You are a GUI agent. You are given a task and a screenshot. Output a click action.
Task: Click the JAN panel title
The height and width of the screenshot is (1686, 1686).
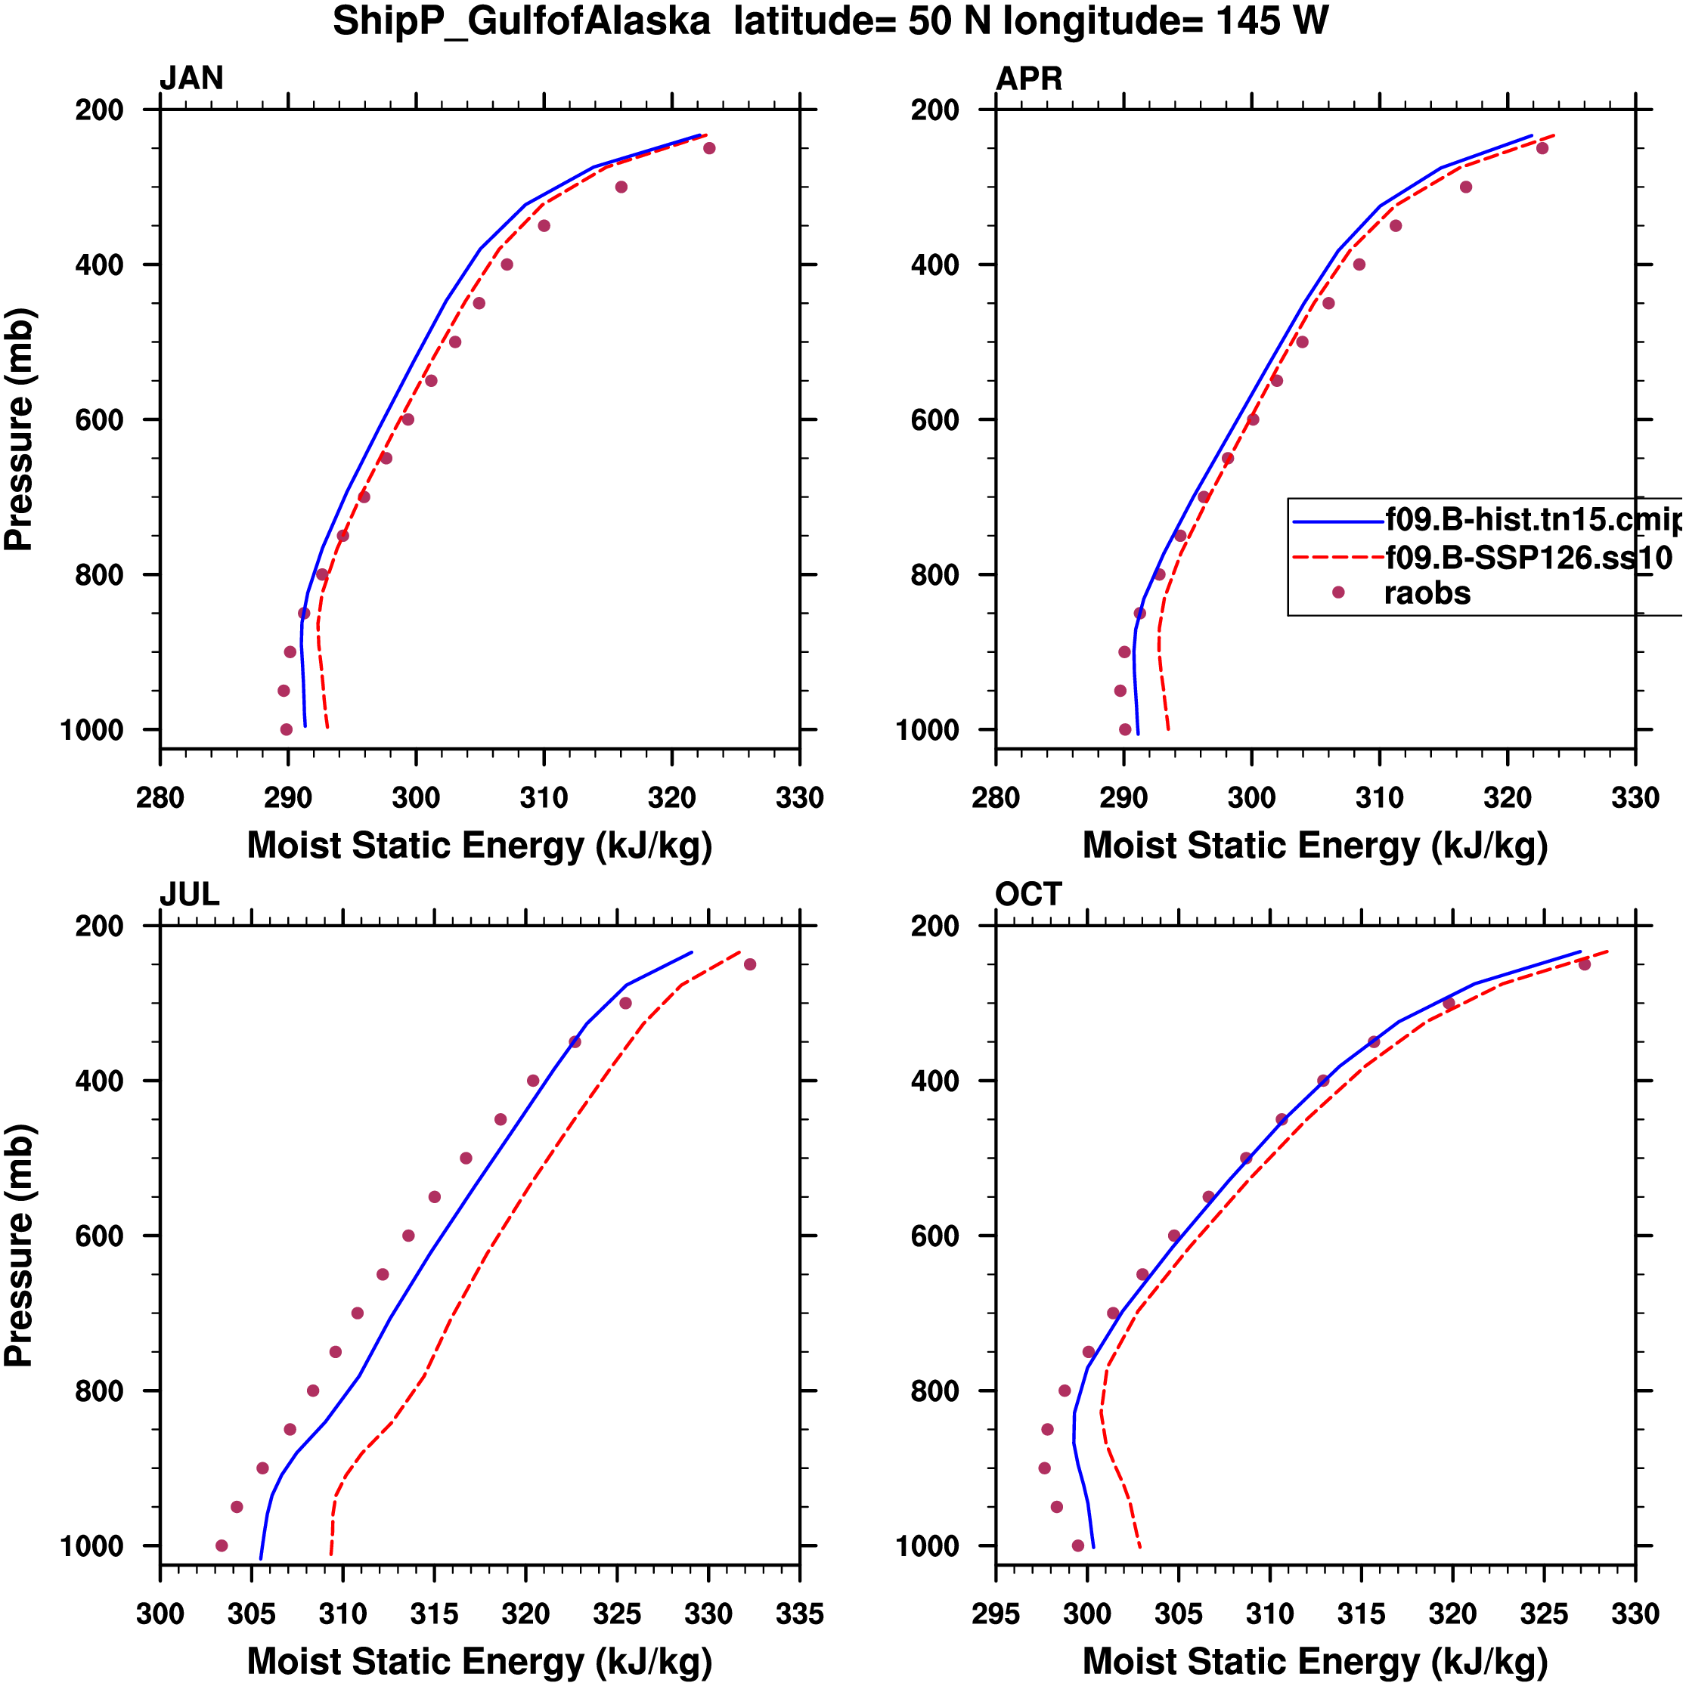coord(191,79)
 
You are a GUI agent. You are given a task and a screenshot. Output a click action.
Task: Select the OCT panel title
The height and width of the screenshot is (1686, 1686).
coord(1027,895)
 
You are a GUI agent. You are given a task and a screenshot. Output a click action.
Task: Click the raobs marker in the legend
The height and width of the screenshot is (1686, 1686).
coord(1337,592)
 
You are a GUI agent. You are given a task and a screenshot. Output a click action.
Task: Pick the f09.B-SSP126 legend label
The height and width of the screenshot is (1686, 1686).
coord(1528,557)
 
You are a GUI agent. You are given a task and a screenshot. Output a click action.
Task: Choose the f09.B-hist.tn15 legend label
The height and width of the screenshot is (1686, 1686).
coord(1533,519)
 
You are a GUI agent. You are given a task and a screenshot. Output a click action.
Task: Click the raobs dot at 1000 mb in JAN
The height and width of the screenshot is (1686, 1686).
coord(287,729)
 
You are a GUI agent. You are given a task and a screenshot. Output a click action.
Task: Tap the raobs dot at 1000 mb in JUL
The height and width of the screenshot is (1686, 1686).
coord(222,1545)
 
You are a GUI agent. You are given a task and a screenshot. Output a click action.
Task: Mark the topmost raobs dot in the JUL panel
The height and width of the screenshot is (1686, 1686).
coord(750,964)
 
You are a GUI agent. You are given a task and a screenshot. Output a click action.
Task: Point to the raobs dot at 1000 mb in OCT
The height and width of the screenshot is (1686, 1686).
coord(1078,1545)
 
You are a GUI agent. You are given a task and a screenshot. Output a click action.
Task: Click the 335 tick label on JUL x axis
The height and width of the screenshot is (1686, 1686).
coord(800,1614)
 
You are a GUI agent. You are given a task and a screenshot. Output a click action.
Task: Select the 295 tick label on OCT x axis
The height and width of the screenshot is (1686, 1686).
coord(996,1614)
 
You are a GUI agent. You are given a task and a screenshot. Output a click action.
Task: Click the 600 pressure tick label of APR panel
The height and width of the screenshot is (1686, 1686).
coord(935,419)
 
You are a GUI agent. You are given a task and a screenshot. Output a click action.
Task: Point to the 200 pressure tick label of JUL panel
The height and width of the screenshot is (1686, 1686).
coord(100,926)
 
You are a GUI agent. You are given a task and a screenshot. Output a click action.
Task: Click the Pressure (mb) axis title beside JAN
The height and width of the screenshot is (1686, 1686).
coord(19,428)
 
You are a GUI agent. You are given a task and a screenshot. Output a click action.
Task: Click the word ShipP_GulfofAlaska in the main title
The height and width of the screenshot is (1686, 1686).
coord(521,21)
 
